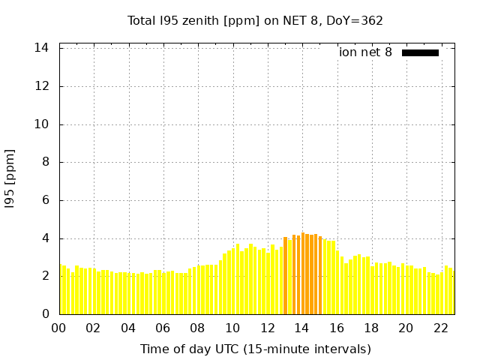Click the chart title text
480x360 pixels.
(x=255, y=20)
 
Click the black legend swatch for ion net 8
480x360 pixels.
(x=420, y=52)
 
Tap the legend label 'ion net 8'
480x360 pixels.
(x=365, y=52)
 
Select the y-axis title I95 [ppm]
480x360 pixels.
(x=10, y=179)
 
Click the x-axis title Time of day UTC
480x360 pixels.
(x=255, y=349)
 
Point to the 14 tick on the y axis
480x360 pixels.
(x=42, y=48)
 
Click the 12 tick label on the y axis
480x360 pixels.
(x=42, y=86)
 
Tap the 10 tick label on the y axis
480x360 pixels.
(x=42, y=124)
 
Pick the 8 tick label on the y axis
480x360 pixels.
(x=45, y=162)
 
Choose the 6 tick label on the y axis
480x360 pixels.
(x=45, y=200)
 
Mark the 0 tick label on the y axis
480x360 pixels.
(x=45, y=314)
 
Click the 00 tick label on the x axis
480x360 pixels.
(x=59, y=328)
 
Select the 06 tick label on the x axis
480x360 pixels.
(x=163, y=328)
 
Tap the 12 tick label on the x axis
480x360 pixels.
(x=268, y=328)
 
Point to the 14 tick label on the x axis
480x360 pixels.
(x=302, y=328)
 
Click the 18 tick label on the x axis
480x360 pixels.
(x=371, y=328)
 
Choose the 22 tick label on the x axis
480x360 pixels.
(x=441, y=328)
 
